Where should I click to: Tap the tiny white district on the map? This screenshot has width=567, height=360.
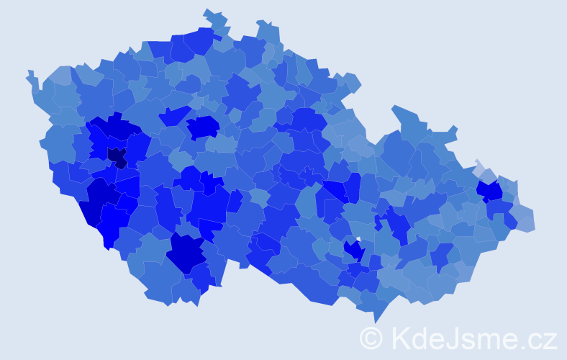(x=358, y=239)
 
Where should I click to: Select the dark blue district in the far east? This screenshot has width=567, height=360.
(x=490, y=191)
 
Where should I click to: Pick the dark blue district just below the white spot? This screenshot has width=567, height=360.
(x=353, y=251)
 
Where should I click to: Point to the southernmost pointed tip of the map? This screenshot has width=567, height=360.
(x=375, y=322)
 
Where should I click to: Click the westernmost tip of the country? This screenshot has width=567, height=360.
(x=28, y=73)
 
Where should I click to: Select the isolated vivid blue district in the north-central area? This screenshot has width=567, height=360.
(x=204, y=127)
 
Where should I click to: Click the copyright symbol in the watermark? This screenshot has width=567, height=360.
(x=371, y=338)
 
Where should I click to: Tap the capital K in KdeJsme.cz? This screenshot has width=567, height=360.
(x=399, y=338)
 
